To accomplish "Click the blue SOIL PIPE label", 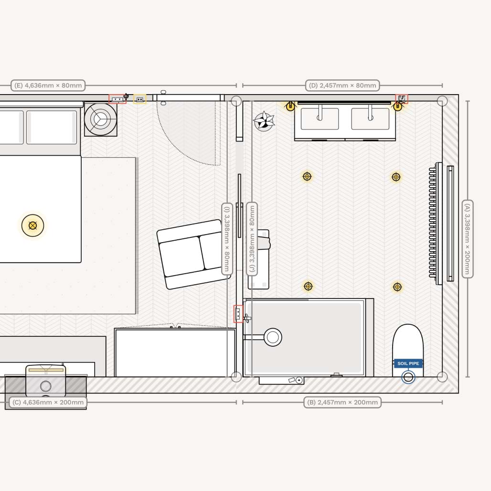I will (408, 363).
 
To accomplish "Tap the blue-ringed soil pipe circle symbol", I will (408, 377).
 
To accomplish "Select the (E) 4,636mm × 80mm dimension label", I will (48, 85).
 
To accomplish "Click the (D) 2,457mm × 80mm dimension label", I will (342, 85).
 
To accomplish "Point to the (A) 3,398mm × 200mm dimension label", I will (468, 239).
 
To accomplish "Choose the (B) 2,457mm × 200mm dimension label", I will (342, 402).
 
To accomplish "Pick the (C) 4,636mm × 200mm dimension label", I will (48, 402).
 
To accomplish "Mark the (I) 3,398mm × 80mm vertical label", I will (227, 239).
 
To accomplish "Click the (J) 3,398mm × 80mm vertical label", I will (252, 239).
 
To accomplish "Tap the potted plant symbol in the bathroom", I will (263, 121).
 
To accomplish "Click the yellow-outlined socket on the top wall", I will (139, 99).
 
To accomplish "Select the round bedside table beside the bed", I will (100, 119).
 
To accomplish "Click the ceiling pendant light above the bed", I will (32, 225).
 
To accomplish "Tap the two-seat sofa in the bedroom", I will (194, 254).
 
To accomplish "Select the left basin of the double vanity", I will (320, 118).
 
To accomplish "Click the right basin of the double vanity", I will (370, 118).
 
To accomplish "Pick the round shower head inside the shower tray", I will (273, 337).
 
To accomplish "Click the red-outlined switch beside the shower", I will (238, 314).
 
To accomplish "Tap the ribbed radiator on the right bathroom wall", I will (433, 224).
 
